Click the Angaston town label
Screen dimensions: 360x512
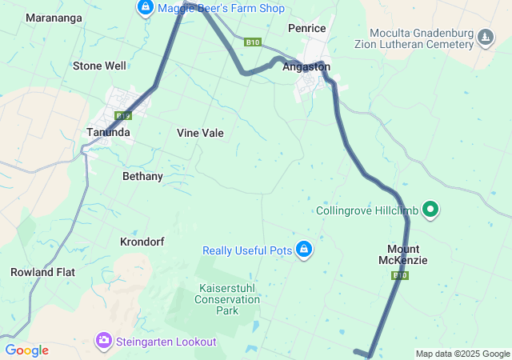tap(306, 67)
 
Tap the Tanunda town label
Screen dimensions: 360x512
tap(108, 133)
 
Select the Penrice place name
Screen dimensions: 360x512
tap(306, 28)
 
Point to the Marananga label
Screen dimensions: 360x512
tap(54, 17)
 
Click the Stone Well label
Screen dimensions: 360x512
tap(99, 66)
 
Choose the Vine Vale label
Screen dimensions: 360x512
tap(200, 133)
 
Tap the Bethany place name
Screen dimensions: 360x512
tap(142, 176)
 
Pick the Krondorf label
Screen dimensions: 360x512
tap(142, 241)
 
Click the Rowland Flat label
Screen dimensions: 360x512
tap(42, 272)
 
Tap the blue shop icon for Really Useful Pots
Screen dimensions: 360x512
tap(304, 250)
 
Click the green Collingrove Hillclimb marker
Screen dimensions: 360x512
tap(431, 210)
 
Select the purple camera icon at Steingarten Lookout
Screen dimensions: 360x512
tap(104, 342)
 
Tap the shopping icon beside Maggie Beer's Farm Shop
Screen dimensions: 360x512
tap(145, 8)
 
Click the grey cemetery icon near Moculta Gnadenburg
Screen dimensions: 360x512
tap(486, 37)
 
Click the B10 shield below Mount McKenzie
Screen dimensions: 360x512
tap(401, 275)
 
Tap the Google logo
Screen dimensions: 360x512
tap(27, 350)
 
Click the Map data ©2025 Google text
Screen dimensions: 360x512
tap(462, 354)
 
